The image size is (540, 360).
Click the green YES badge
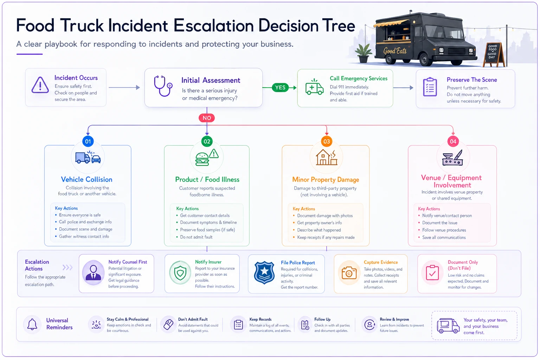click(280, 88)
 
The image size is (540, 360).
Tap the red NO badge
click(207, 118)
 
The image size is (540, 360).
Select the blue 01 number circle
click(88, 141)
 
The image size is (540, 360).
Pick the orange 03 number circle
click(326, 141)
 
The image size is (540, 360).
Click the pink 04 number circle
click(453, 141)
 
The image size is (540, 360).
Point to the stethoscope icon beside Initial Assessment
click(163, 86)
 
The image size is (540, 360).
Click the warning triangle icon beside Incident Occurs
click(40, 85)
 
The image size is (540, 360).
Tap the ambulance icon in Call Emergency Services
click(314, 87)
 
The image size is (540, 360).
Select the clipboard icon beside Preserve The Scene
click(430, 87)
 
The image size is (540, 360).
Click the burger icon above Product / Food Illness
click(202, 159)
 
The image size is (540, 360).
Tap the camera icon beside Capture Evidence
click(349, 273)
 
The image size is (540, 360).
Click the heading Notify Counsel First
click(128, 262)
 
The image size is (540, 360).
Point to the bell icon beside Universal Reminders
click(32, 324)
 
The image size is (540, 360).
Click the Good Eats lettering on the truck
click(395, 51)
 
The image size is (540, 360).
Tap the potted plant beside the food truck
click(364, 53)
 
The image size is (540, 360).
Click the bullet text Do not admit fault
click(196, 237)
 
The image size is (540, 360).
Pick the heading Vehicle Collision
click(86, 179)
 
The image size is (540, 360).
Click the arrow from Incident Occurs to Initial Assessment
click(124, 87)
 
